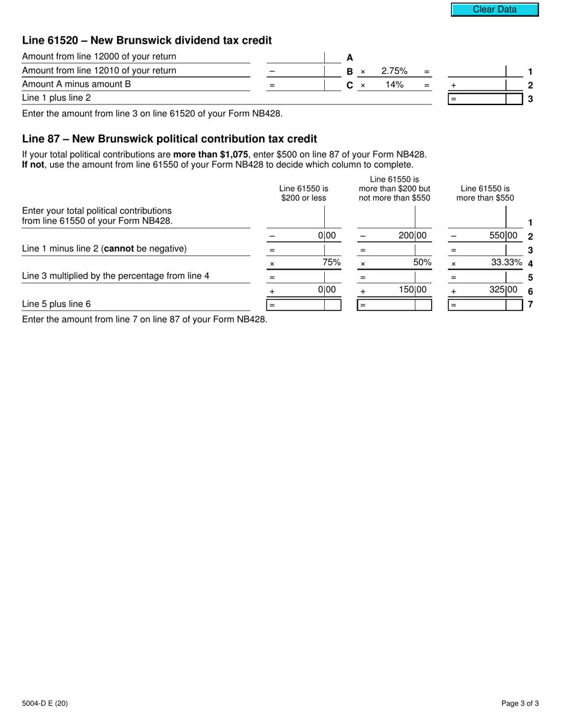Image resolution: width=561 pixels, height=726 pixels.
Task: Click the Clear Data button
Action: coord(495,9)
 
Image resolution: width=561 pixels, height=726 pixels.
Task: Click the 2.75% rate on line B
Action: coord(394,71)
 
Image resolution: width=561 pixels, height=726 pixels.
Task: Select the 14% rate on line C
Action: coord(394,85)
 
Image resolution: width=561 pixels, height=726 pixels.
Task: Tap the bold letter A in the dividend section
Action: coord(350,57)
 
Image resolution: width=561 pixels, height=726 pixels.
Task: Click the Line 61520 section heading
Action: coord(147,41)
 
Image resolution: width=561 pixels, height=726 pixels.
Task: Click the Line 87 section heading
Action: coord(169,139)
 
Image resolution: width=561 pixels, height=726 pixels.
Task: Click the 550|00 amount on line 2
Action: coord(503,236)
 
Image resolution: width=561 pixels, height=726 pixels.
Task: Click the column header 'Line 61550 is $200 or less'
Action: coord(304,193)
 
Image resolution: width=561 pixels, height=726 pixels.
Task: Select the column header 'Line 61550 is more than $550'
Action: coord(485,193)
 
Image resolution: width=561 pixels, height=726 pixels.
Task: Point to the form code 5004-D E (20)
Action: coord(45,703)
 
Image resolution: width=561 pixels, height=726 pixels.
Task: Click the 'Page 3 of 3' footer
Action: coord(520,703)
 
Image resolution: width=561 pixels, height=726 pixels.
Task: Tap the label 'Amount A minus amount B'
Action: coord(76,84)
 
